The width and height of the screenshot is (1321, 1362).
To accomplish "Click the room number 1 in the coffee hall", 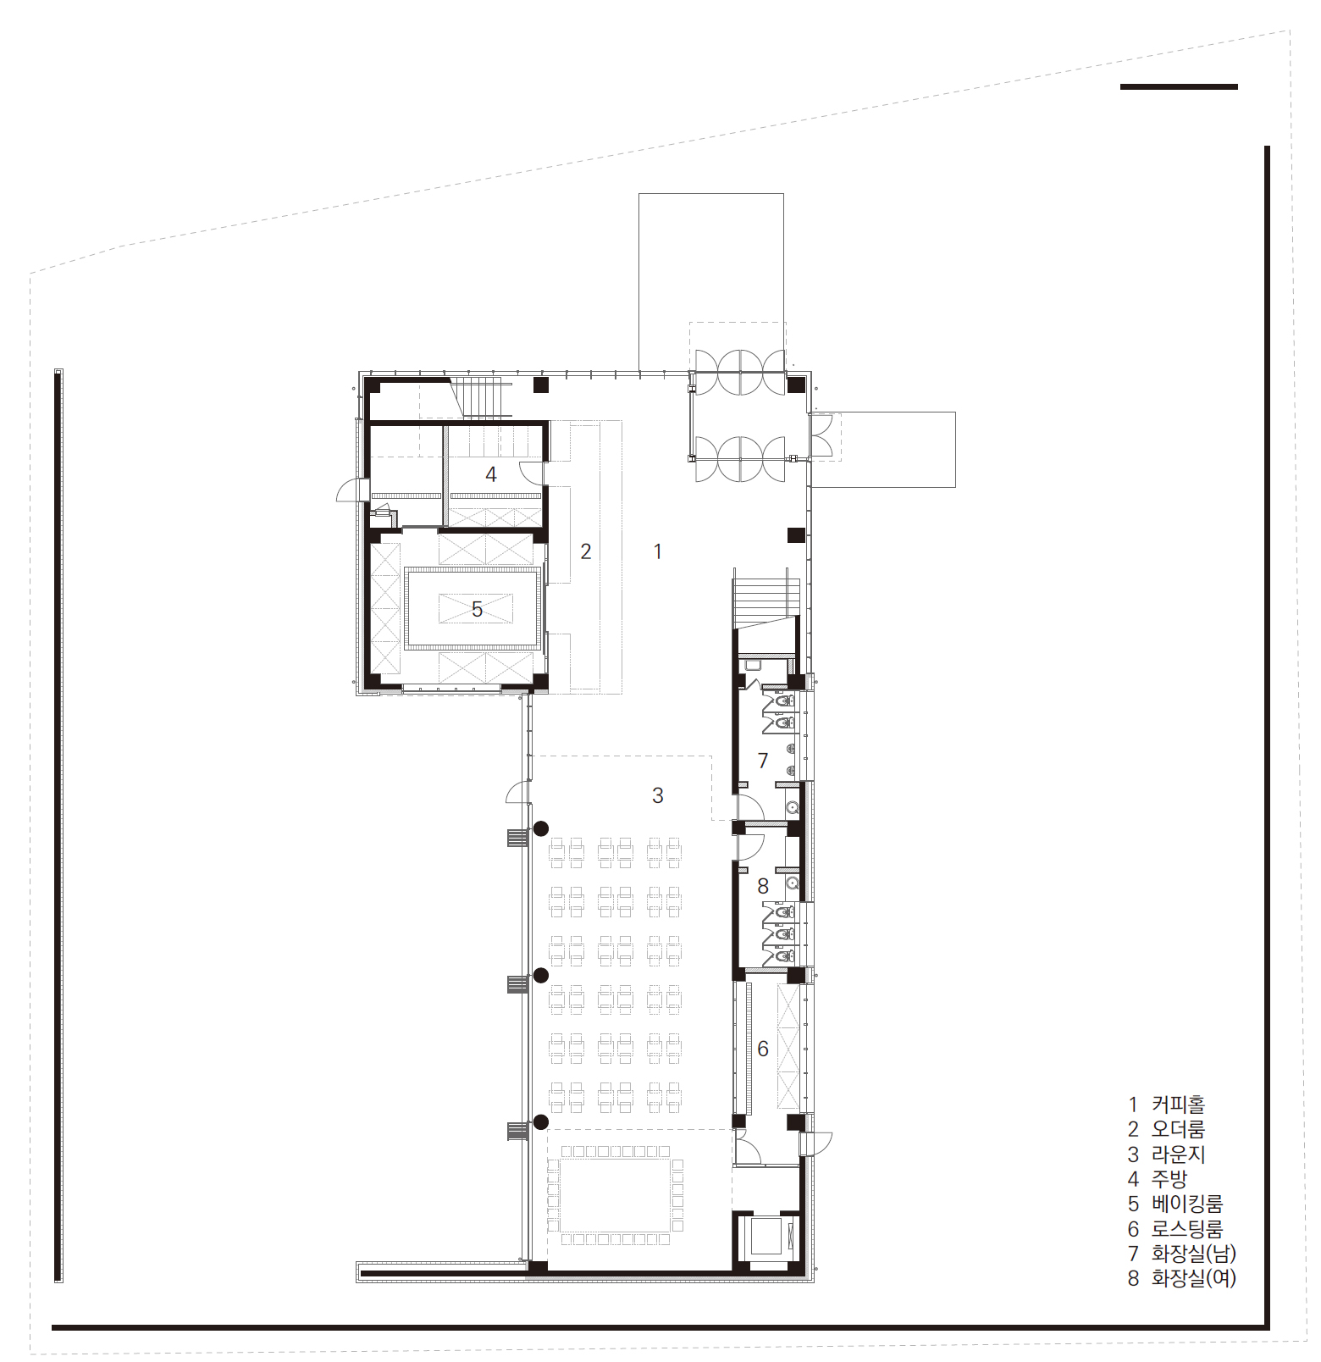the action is (x=658, y=551).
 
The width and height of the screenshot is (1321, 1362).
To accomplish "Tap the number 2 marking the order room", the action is (x=586, y=551).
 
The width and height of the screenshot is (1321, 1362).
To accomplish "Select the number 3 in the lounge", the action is (x=658, y=795).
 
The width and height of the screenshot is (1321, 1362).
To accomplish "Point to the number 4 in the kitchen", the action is (x=491, y=474).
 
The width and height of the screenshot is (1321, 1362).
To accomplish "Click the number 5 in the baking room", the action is (x=478, y=609).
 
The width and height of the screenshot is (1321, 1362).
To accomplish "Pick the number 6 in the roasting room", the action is (x=763, y=1049).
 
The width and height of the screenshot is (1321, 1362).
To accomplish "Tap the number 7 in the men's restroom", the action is (x=763, y=761).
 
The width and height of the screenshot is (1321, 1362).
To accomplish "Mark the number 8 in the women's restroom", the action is (x=763, y=886).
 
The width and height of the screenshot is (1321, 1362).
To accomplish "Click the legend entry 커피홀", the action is (x=1178, y=1105).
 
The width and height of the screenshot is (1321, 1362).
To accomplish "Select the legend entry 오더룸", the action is (x=1178, y=1129).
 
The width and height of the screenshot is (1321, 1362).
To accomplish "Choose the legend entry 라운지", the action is (x=1178, y=1154).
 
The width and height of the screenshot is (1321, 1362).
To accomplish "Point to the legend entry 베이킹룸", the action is (x=1187, y=1204).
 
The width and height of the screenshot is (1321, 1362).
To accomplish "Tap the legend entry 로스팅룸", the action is (x=1187, y=1228).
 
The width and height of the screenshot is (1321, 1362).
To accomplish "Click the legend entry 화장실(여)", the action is (x=1194, y=1278).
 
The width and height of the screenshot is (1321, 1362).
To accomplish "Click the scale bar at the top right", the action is (x=1179, y=86).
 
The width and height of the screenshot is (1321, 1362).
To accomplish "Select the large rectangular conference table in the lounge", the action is (x=616, y=1195).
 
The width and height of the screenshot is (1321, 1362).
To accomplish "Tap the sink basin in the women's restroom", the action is (x=793, y=883).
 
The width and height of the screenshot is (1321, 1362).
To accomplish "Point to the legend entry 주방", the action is (x=1169, y=1179).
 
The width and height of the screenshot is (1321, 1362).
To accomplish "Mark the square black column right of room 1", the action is (x=796, y=535).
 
